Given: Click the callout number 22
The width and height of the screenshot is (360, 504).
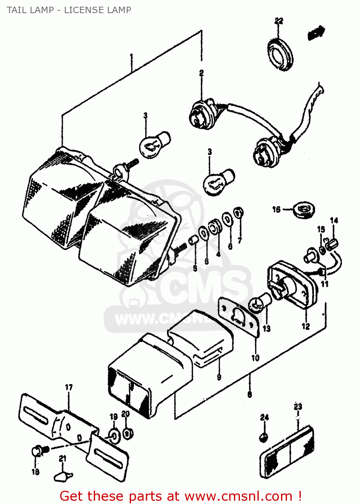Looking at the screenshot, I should (279, 21).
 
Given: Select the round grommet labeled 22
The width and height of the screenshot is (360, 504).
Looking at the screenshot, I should (280, 55).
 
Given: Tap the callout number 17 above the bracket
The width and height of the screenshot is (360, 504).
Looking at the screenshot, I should (69, 387).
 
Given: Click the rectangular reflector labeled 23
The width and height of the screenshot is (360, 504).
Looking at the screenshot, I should (287, 452).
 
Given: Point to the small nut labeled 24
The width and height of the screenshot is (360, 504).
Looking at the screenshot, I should (264, 437).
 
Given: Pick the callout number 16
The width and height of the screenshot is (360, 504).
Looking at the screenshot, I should (276, 210).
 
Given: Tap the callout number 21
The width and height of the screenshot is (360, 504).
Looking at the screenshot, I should (63, 459).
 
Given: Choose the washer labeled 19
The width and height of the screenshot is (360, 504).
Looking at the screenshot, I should (114, 436).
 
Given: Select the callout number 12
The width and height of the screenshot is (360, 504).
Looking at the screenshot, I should (306, 326).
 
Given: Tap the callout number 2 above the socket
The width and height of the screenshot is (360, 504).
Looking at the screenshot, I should (201, 73).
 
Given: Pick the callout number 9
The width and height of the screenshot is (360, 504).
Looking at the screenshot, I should (219, 377).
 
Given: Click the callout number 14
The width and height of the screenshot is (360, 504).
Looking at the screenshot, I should (334, 220).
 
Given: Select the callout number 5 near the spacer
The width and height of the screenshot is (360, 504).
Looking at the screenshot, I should (195, 268).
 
